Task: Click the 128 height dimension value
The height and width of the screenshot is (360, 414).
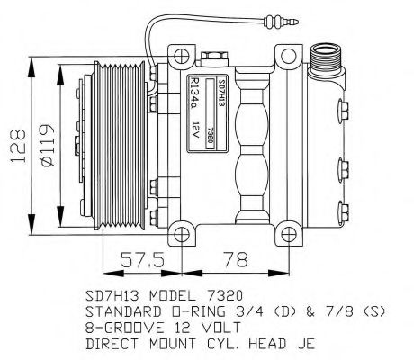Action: point(18,146)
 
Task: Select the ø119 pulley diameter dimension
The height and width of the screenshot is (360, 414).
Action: point(48,145)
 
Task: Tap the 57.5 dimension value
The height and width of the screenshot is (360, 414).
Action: point(142,259)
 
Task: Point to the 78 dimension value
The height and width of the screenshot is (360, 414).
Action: point(236,259)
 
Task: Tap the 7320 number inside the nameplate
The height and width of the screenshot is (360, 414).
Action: point(211,134)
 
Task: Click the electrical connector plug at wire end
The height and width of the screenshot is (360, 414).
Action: point(280,22)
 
